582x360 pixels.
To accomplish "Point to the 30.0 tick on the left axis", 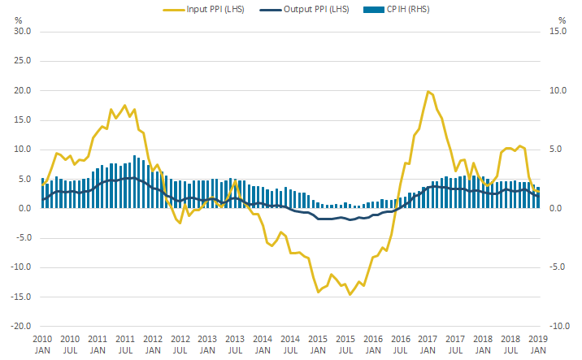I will (x=23, y=32).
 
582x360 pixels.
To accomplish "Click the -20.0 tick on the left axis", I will (x=21, y=326).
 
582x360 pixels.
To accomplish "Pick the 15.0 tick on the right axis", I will (x=555, y=32).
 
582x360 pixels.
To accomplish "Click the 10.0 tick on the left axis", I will (x=23, y=150).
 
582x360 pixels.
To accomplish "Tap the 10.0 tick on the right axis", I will (x=555, y=90).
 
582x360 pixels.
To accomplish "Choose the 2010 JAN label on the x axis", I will (x=42, y=344).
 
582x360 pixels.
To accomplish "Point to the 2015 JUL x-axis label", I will (x=345, y=344).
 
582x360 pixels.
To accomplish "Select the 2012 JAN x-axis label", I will (x=152, y=344).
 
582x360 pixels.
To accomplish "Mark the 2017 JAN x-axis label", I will (x=428, y=344).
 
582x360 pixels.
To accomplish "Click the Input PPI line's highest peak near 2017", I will (x=428, y=92).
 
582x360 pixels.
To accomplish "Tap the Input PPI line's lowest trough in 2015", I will (x=350, y=294).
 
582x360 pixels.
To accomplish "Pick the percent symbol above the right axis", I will (x=562, y=20).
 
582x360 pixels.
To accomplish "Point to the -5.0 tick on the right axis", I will (x=556, y=267).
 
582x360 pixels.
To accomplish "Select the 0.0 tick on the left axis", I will (x=24, y=208).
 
